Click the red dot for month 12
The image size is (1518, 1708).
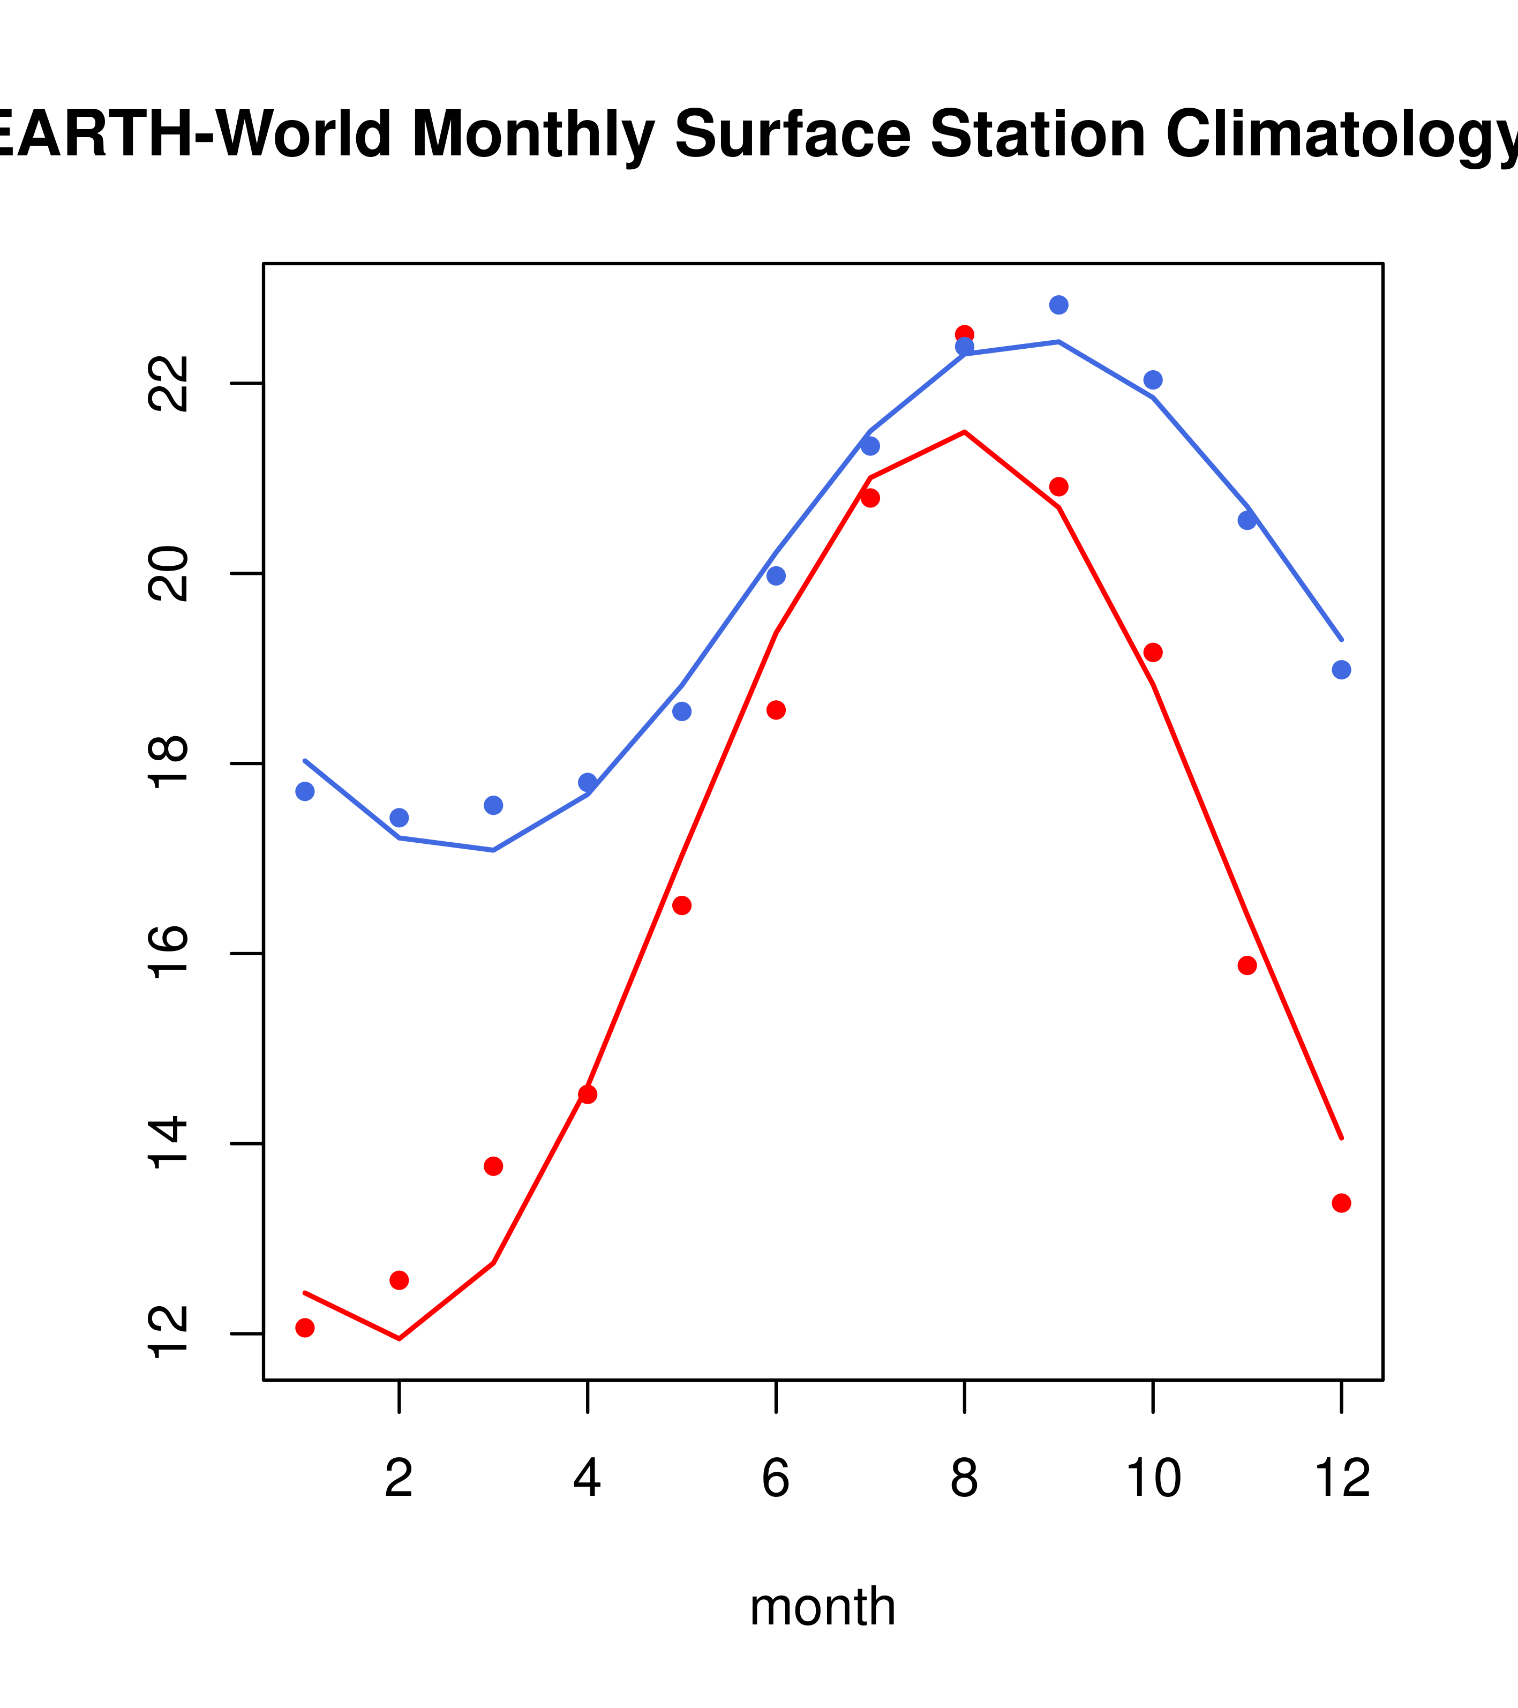(x=1341, y=1203)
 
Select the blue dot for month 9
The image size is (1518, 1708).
(x=1058, y=305)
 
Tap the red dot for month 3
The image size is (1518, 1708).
(x=493, y=1166)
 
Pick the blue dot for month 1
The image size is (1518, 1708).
(x=305, y=791)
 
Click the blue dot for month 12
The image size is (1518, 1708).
(x=1341, y=670)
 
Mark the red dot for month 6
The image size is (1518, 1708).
(x=776, y=710)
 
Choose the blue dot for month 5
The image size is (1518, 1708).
(x=682, y=711)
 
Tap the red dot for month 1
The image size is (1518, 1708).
(x=305, y=1328)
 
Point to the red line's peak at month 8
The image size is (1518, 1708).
(x=964, y=432)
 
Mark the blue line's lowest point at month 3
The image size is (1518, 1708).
(x=493, y=851)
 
